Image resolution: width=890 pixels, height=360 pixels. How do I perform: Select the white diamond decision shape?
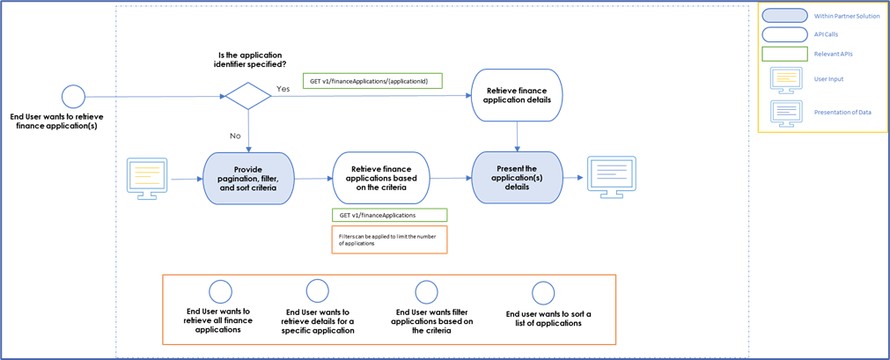(x=249, y=95)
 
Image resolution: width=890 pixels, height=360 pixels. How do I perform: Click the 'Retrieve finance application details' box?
(x=517, y=94)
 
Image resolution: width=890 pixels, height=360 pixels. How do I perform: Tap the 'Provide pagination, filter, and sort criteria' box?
(x=249, y=179)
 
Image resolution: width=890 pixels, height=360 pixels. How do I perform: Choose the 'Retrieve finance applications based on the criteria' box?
(x=384, y=179)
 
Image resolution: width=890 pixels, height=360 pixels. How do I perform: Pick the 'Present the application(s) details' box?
(x=517, y=179)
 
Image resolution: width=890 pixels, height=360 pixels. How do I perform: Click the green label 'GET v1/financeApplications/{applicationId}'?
(x=372, y=80)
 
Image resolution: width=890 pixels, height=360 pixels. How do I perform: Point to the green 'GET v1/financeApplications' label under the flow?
(x=388, y=215)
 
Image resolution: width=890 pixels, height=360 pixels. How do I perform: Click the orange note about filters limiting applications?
(x=388, y=239)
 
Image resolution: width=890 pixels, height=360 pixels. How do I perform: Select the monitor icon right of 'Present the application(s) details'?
(x=613, y=177)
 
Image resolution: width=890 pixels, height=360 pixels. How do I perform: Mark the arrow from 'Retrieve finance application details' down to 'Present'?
(x=517, y=136)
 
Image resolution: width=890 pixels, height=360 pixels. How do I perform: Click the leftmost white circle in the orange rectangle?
(x=220, y=292)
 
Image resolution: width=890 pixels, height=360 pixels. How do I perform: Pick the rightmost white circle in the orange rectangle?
(x=543, y=293)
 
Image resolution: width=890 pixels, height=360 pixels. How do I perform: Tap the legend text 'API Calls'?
(x=827, y=34)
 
